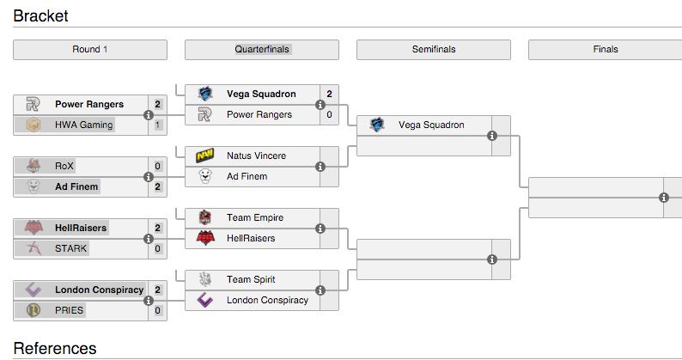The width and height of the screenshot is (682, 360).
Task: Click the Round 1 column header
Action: click(x=90, y=50)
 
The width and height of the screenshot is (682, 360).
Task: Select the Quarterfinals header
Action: click(x=261, y=50)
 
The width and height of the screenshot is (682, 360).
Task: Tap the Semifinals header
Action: click(x=433, y=50)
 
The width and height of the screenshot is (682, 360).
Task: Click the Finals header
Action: click(x=605, y=50)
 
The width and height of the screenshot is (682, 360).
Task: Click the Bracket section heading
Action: click(x=40, y=15)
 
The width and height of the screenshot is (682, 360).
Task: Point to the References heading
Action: click(x=55, y=348)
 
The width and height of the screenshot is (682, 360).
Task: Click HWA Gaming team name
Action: click(x=83, y=125)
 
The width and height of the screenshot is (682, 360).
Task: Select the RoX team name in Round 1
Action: click(x=64, y=166)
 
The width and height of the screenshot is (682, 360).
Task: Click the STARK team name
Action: click(x=70, y=248)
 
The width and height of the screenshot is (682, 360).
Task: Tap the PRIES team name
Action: click(x=69, y=310)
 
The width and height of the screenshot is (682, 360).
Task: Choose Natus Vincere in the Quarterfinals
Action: click(x=256, y=156)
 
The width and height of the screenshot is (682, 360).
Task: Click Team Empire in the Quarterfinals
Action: click(x=254, y=217)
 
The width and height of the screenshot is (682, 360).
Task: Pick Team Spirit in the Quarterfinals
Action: click(x=251, y=279)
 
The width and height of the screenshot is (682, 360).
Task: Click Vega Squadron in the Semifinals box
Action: click(x=431, y=125)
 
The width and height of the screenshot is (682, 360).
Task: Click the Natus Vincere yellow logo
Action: click(x=204, y=156)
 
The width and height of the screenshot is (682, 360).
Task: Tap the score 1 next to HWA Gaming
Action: click(x=158, y=125)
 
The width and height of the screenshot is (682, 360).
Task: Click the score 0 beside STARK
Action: click(x=158, y=248)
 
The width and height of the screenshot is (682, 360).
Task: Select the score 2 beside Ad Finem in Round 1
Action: click(x=158, y=186)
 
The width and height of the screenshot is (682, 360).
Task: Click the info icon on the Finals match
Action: click(x=664, y=198)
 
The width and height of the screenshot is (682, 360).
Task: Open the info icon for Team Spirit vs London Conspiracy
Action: click(x=320, y=290)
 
